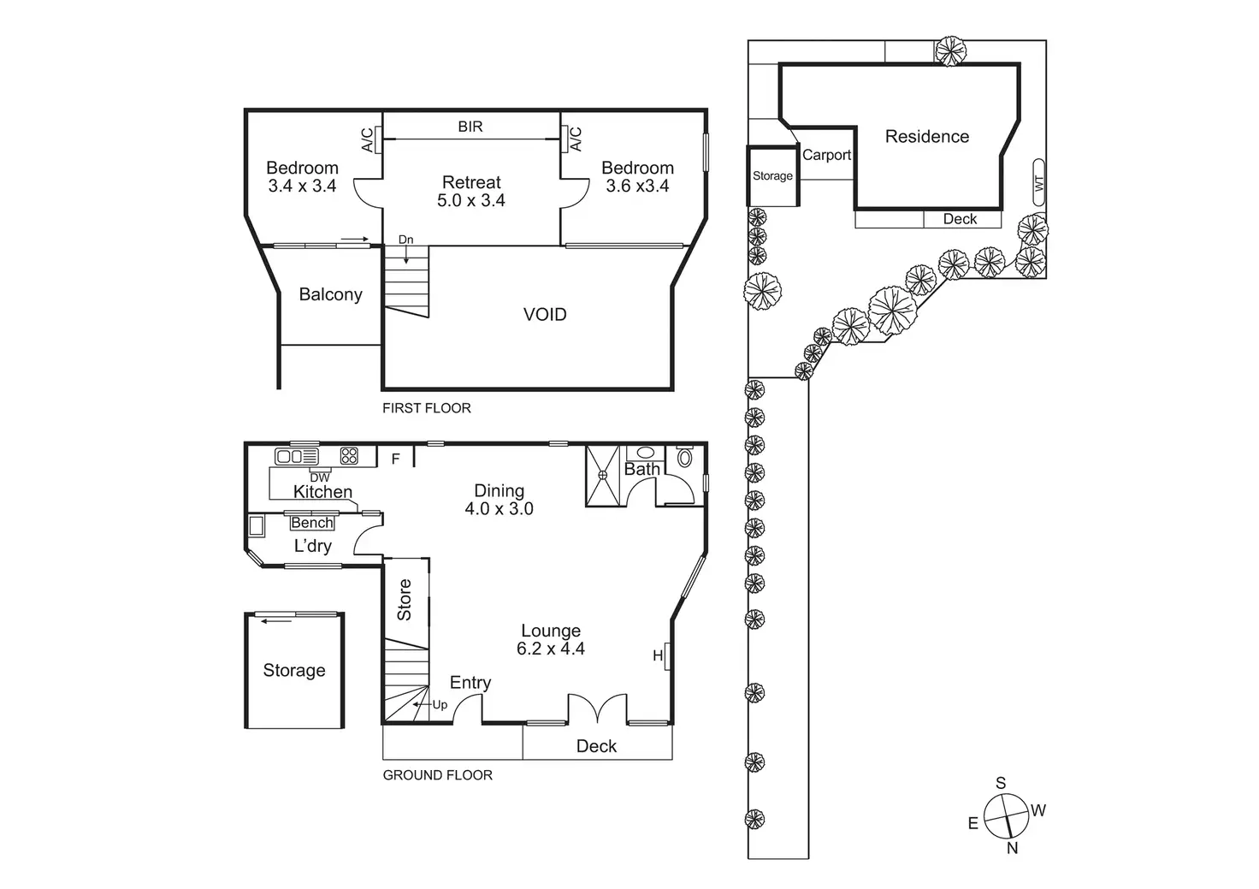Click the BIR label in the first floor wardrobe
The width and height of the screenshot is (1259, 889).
[x=470, y=127]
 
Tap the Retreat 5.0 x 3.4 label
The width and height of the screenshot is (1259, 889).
[x=471, y=191]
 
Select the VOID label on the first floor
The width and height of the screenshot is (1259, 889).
[x=545, y=314]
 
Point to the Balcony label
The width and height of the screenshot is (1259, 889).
[x=330, y=294]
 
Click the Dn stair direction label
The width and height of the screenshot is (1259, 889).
[x=405, y=240]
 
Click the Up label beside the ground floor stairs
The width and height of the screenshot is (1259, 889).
[x=440, y=704]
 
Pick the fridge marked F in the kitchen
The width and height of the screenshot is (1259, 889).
[x=396, y=459]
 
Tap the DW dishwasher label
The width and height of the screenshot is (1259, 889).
[x=320, y=477]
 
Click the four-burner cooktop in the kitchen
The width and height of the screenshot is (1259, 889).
[x=349, y=455]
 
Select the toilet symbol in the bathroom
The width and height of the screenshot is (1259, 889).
[x=684, y=457]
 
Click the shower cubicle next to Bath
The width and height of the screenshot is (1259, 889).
[x=602, y=476]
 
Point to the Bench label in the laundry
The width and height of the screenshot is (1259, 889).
[x=312, y=523]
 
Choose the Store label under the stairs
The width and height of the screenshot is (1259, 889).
[x=404, y=600]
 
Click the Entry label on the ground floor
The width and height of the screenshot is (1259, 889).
[x=470, y=683]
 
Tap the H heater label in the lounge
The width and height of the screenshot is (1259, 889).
[x=658, y=655]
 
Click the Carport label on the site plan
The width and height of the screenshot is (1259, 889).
[x=826, y=155]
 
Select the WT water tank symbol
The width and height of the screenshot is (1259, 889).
[x=1038, y=182]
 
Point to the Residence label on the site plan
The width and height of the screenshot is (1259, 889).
[x=927, y=137]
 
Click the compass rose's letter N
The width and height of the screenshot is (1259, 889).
[x=1013, y=848]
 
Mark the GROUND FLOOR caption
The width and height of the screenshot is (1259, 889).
[x=437, y=775]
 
